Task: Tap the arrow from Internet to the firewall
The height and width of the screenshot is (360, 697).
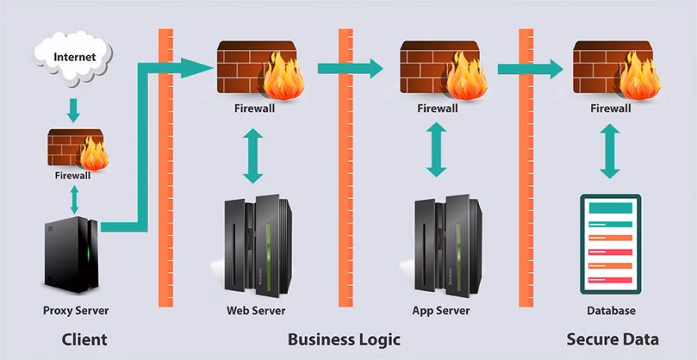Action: [74, 110]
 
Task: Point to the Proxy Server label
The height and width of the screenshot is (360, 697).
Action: [76, 311]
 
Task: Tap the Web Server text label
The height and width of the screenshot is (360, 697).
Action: [256, 311]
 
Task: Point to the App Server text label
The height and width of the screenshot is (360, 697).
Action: [441, 311]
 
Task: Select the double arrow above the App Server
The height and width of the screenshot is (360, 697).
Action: [436, 150]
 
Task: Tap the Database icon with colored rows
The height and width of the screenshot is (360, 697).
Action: [610, 244]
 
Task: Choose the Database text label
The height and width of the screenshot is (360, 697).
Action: [612, 311]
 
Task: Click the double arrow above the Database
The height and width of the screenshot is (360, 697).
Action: [610, 151]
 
